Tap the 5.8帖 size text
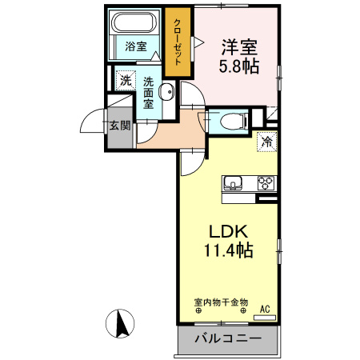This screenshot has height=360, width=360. [239, 68]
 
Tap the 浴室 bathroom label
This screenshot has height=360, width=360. [135, 46]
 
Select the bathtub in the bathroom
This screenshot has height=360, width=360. [135, 24]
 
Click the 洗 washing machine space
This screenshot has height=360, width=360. [124, 79]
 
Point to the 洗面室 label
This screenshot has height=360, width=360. [149, 92]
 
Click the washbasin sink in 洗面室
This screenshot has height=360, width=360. [166, 90]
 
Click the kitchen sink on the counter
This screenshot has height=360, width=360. [234, 183]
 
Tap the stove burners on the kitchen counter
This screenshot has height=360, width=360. [266, 183]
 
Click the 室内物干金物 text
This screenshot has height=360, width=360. [221, 303]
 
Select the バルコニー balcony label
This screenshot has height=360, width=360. [228, 339]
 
